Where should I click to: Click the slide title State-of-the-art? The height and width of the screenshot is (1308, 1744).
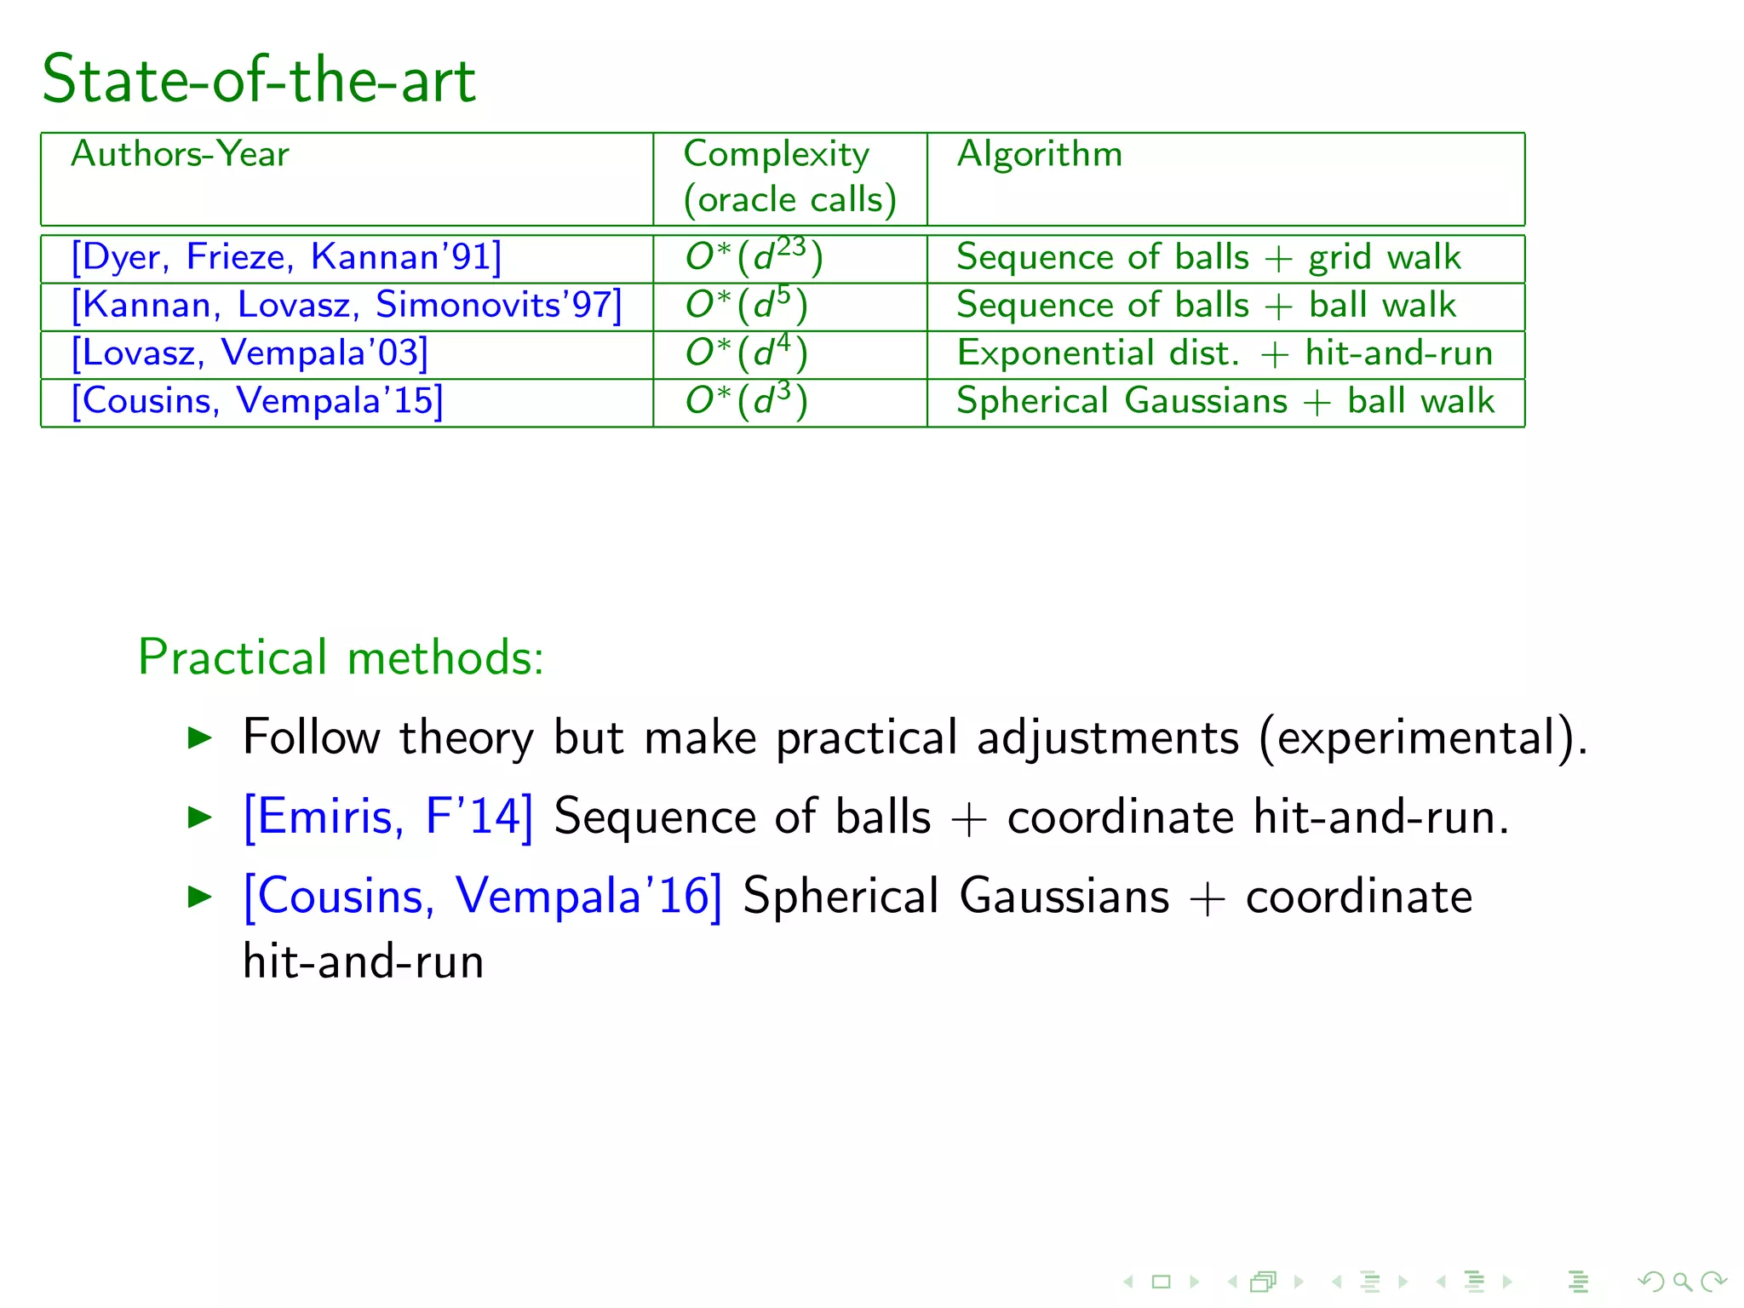coord(259,79)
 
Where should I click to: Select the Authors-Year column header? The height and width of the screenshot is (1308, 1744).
coord(180,154)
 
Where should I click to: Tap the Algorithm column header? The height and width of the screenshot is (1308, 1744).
coord(1039,154)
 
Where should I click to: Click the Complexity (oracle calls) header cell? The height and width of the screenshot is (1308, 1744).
coord(789,177)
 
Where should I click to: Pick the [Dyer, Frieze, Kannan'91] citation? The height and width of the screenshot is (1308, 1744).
coord(286,257)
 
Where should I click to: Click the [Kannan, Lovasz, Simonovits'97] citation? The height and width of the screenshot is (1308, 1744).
coord(346,305)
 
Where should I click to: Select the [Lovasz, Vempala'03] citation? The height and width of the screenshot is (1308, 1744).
coord(250,353)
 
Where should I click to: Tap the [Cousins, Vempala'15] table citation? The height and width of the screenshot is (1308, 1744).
coord(257,401)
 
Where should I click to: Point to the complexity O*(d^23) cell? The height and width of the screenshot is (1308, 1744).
coord(754,257)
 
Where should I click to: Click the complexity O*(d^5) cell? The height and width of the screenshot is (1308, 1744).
coord(746,305)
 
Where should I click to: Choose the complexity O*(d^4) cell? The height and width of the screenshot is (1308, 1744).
coord(746,353)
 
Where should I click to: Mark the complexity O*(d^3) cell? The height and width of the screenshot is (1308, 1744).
coord(746,401)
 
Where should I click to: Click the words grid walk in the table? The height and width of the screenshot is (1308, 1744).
coord(1385,257)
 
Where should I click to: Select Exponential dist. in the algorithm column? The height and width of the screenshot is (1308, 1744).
coord(1098,353)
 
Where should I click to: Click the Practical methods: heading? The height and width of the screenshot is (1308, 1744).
coord(341,657)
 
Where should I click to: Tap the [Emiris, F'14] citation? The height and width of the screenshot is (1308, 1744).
coord(388,816)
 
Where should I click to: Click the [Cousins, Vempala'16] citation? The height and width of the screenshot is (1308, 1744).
coord(482,896)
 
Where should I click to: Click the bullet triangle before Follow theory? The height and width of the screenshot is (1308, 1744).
coord(199,737)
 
